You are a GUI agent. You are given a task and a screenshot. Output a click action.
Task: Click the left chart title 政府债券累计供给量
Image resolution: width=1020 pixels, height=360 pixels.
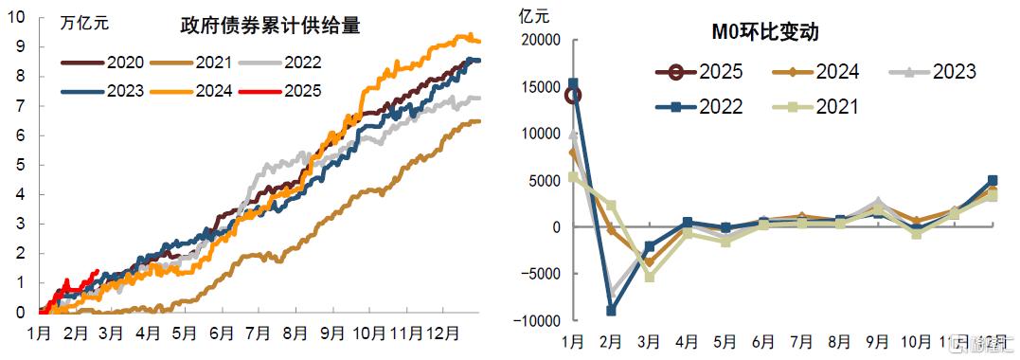270,26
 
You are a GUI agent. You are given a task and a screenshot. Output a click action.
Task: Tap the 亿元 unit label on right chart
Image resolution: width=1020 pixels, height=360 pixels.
533,15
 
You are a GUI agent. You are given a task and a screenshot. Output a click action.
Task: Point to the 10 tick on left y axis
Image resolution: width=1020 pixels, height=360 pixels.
19,17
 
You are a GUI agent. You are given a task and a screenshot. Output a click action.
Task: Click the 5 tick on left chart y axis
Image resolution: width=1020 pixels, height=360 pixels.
19,165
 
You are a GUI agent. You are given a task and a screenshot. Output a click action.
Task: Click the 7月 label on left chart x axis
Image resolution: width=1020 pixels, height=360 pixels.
258,333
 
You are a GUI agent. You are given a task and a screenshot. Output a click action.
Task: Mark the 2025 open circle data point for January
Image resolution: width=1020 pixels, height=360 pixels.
573,95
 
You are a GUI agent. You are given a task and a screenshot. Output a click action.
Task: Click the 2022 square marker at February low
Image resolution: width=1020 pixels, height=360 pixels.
611,311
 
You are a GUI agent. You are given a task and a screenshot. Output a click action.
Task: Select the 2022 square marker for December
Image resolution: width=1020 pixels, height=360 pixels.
992,180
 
